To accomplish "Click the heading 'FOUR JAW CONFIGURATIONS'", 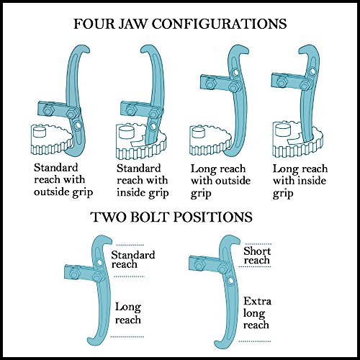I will pyautogui.click(x=180, y=23).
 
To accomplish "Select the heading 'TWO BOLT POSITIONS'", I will pyautogui.click(x=180, y=217).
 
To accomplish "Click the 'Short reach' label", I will pyautogui.click(x=256, y=254).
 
